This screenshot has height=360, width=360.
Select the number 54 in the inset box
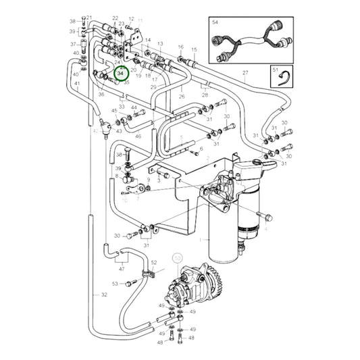[215, 22]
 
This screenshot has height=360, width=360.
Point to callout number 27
[246, 72]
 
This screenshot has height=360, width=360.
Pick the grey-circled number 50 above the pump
[178, 258]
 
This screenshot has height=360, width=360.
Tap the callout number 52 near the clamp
[153, 262]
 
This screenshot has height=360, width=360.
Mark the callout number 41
[77, 84]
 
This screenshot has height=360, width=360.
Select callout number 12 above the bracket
[131, 20]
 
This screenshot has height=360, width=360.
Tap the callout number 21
[89, 17]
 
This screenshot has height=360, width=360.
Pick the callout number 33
[122, 106]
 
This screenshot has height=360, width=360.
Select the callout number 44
[134, 107]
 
